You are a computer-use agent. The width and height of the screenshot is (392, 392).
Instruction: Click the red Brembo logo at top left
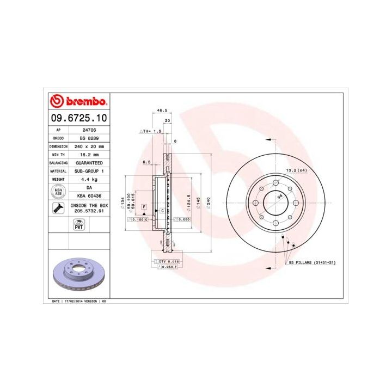pos(78,101)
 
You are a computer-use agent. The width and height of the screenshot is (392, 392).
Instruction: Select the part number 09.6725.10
pos(79,118)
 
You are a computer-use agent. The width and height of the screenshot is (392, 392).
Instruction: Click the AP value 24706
pos(89,131)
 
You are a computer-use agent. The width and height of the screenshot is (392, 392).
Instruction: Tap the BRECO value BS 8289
pos(89,139)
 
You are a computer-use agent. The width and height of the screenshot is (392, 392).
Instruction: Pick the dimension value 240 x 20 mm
pos(89,147)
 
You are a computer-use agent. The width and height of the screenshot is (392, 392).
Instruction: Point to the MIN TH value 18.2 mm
pos(89,155)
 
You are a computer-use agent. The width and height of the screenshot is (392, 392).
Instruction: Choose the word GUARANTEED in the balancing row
pos(89,163)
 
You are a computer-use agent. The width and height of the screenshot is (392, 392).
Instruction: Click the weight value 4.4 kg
pos(89,179)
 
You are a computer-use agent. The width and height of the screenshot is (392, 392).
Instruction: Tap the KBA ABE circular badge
pos(58,191)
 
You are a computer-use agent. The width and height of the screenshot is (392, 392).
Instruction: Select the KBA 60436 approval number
pos(89,195)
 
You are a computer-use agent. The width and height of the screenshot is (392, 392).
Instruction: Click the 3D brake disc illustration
pos(78,274)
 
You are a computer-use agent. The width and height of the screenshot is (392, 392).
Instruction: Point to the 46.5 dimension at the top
pos(162,111)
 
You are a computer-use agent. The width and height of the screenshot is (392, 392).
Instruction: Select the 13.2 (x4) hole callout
pos(296,171)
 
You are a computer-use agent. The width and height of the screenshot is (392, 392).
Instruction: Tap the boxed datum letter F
pos(145,207)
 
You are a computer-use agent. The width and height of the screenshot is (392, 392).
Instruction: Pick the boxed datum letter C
pos(162,211)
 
